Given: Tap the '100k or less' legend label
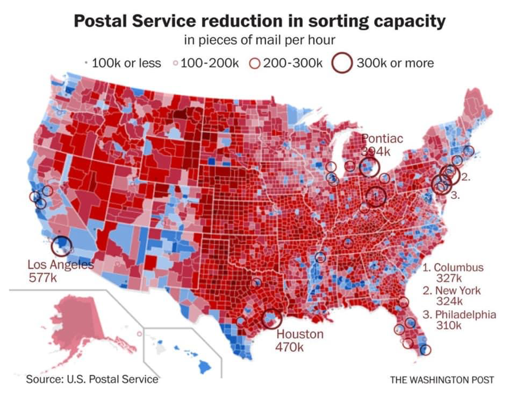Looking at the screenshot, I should coord(126,63).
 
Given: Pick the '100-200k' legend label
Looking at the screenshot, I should coord(209,63).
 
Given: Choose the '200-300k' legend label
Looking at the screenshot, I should coord(292,63).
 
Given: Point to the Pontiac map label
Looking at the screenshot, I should coord(382,139).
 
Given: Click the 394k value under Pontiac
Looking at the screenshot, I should coord(375,151).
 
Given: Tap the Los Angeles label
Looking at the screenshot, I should coord(60,265).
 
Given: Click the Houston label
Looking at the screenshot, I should coord(300,334).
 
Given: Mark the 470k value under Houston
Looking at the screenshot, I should coord(290,347).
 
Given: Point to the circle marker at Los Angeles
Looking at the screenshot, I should coord(61,246).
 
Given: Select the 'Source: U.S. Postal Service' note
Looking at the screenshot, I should coord(92,379).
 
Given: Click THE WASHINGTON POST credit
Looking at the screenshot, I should coord(442,380).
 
